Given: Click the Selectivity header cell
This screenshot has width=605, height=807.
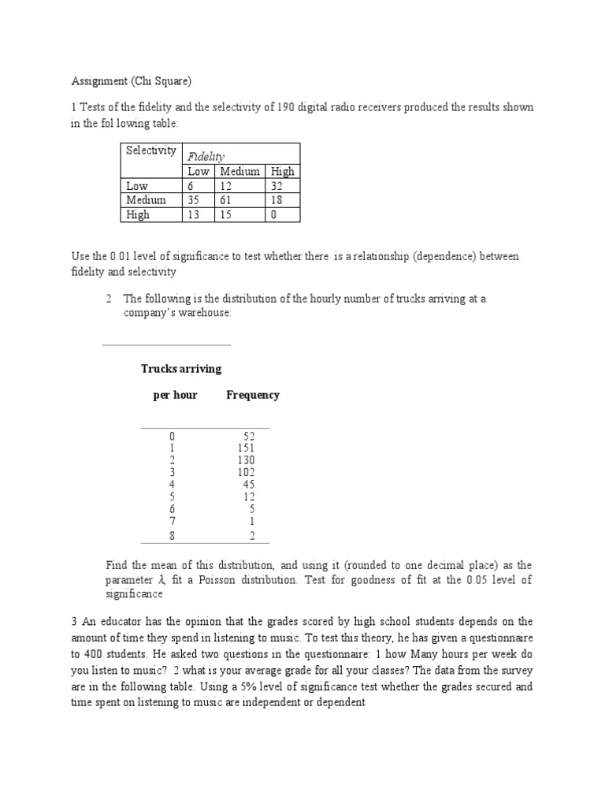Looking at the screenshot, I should click(151, 151).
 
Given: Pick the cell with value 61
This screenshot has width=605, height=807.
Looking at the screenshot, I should click(228, 200).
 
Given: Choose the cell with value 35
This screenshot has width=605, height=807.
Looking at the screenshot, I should click(195, 200).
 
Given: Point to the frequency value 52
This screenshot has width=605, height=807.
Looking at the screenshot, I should click(249, 436).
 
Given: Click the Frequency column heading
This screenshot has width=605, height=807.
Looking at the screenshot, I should click(253, 395).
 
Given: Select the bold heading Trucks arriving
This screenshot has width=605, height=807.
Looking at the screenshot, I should click(181, 369).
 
